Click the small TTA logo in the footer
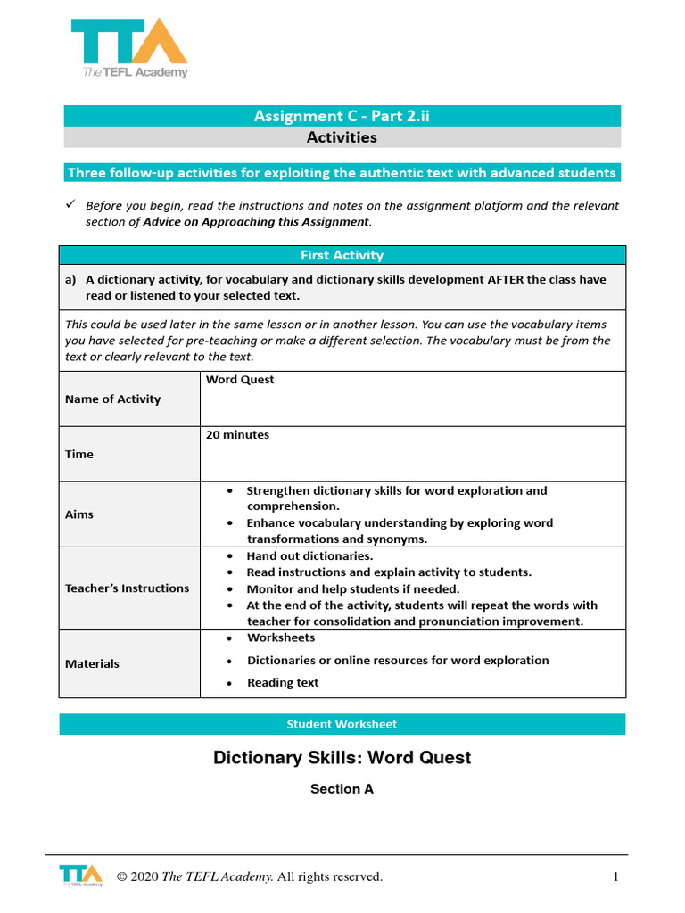(80, 875)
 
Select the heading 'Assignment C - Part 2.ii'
(342, 116)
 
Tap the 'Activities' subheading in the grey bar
(342, 137)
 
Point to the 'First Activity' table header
(342, 255)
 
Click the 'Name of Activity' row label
(112, 399)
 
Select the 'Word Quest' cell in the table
(240, 380)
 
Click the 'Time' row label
(78, 454)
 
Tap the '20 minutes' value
(237, 435)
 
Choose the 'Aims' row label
(78, 514)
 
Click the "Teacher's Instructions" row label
(127, 588)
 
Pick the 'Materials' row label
(92, 663)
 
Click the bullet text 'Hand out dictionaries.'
(309, 556)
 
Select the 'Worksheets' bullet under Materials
(280, 638)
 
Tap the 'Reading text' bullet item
(282, 683)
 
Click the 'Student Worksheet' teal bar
(342, 724)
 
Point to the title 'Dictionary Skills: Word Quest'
(342, 758)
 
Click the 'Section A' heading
(342, 789)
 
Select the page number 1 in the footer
(615, 877)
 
